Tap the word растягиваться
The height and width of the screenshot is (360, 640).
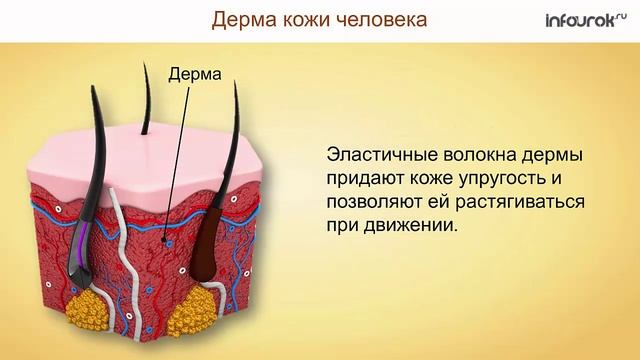pyautogui.click(x=520, y=202)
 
